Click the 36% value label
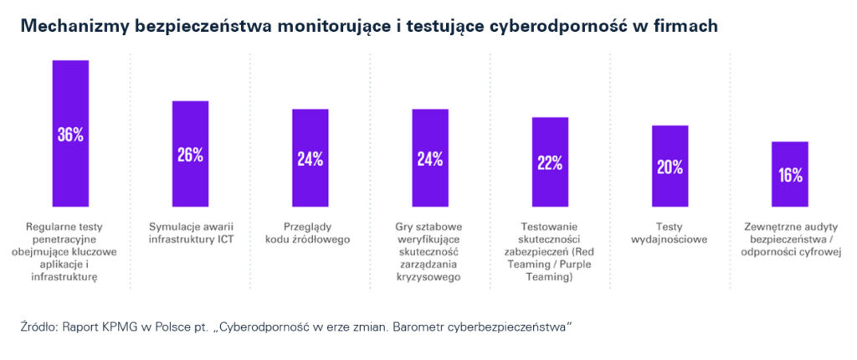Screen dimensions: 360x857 click(70, 135)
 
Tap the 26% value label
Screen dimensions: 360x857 click(190, 155)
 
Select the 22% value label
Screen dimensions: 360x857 click(550, 163)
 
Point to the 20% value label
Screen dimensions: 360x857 click(670, 167)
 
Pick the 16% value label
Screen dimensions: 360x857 click(789, 175)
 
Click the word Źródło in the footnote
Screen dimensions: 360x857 click(38, 327)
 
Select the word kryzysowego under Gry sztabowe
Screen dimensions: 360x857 click(429, 277)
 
